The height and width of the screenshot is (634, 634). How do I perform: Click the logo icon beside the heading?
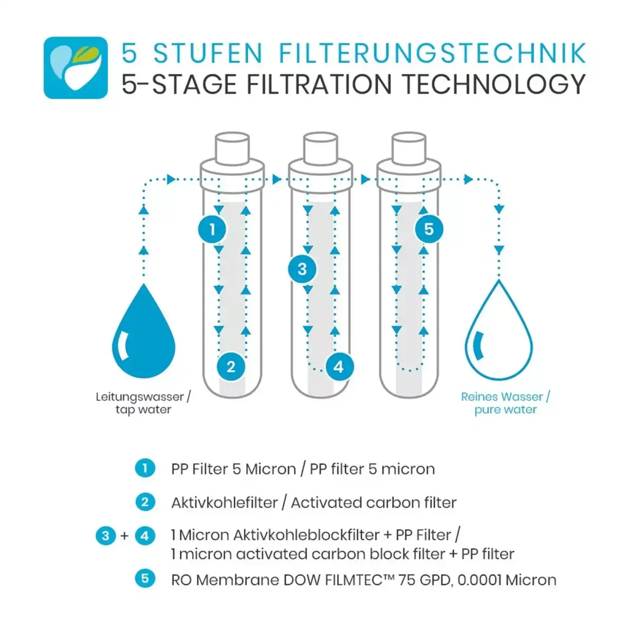(76, 68)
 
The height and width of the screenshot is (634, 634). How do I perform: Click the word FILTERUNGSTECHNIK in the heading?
(432, 53)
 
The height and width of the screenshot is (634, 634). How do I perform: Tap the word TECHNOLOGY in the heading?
(493, 85)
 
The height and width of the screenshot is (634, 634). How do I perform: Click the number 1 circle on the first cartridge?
(212, 229)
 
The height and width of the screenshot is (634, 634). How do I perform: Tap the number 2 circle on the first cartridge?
(231, 366)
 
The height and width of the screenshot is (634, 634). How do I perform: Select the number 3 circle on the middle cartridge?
(302, 269)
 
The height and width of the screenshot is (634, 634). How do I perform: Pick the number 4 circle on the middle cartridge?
(339, 366)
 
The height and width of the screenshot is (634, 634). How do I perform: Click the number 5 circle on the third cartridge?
(428, 229)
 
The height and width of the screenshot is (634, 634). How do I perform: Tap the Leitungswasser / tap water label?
(143, 403)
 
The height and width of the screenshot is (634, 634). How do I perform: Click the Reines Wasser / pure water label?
(505, 403)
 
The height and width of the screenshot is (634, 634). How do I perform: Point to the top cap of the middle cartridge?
(320, 146)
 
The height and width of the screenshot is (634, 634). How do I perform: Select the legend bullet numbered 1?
(145, 468)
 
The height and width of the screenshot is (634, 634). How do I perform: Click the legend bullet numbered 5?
(145, 579)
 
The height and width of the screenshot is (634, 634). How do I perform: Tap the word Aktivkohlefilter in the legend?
(225, 502)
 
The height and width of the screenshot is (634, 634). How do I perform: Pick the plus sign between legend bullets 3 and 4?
(125, 536)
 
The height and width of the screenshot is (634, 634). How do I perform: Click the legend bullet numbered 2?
(145, 502)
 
